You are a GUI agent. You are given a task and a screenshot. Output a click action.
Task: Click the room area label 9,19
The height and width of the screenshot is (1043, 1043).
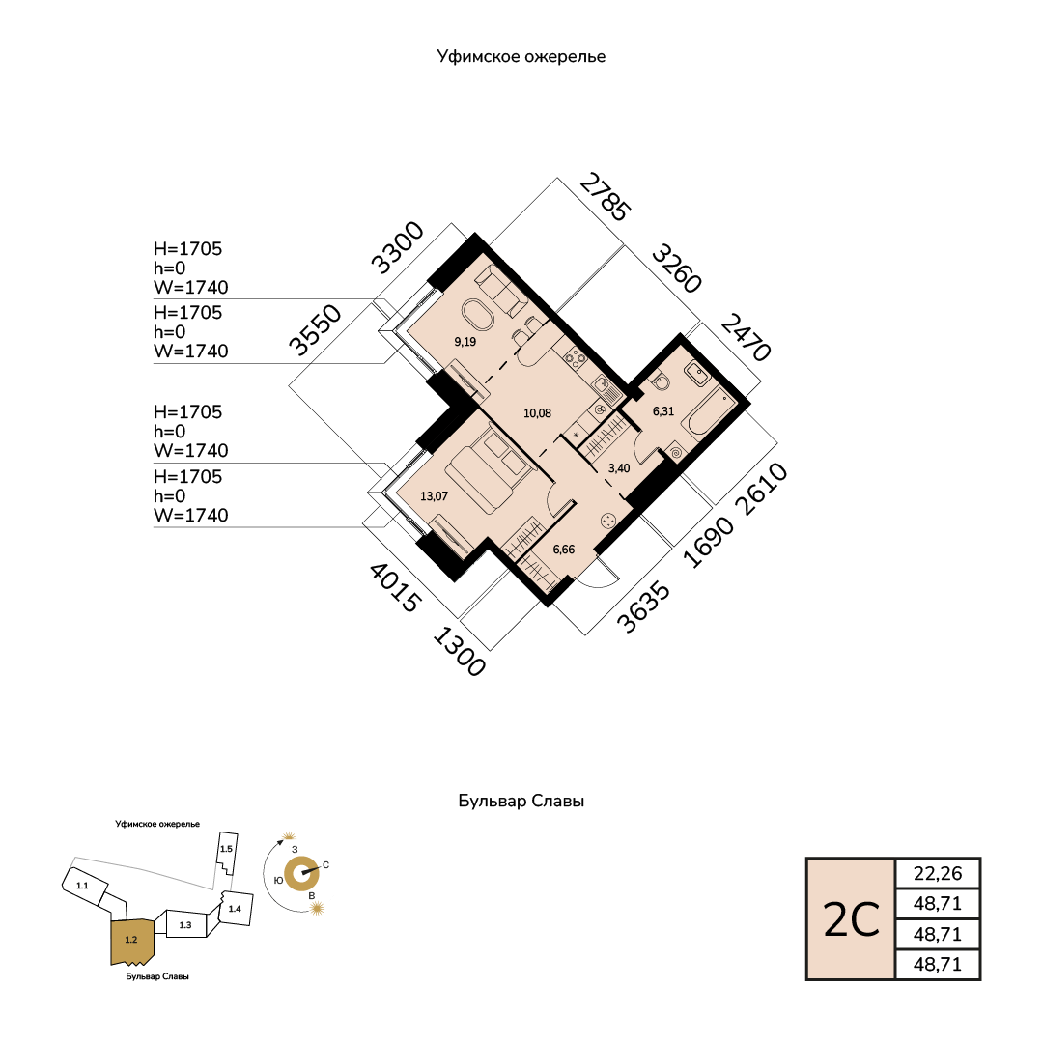click(x=465, y=342)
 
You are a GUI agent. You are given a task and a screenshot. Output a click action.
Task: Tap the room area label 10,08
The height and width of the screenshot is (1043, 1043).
click(x=538, y=413)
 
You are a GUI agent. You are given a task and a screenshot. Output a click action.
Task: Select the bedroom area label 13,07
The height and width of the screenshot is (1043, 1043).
click(x=435, y=496)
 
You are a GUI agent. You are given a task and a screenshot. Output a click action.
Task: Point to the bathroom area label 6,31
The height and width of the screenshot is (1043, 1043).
click(x=663, y=411)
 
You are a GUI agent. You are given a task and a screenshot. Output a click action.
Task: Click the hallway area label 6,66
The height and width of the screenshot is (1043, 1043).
click(x=564, y=550)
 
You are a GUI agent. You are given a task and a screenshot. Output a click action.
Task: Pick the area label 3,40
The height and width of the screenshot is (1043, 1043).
click(x=619, y=468)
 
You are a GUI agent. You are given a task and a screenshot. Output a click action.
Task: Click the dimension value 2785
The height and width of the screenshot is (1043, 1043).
click(x=605, y=197)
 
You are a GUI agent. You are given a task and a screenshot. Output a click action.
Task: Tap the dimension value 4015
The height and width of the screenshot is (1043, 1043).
click(x=395, y=587)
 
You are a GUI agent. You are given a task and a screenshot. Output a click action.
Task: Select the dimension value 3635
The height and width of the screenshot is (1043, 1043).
click(x=643, y=607)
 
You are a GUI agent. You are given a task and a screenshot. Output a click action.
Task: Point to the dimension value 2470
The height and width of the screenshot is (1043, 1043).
click(x=746, y=337)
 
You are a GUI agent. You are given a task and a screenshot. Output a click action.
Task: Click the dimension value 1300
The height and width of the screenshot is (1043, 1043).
click(x=459, y=652)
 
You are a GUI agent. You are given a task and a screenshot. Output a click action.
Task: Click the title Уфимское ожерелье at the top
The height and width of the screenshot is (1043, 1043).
click(x=521, y=57)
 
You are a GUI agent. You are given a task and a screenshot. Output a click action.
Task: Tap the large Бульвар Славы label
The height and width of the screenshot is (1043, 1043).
click(x=521, y=801)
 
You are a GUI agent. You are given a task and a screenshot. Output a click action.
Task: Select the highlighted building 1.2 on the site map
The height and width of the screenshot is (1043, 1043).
click(x=132, y=941)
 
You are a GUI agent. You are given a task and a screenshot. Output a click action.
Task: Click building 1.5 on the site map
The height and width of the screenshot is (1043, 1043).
click(x=227, y=854)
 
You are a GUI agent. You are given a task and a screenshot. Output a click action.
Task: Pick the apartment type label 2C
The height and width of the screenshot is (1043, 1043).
click(x=852, y=920)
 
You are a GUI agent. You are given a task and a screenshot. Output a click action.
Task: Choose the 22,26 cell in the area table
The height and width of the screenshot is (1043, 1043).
click(x=938, y=873)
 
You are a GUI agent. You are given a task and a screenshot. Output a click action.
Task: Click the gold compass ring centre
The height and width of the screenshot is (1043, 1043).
click(x=301, y=873)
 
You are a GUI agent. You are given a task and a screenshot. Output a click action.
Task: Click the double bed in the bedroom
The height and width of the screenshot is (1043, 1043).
click(x=489, y=470)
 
